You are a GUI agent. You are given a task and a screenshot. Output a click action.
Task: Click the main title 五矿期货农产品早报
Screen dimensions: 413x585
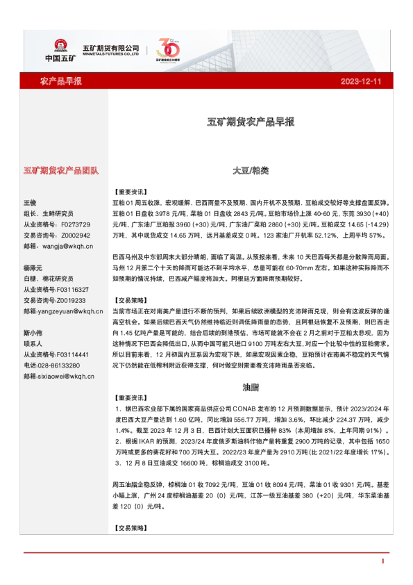[x=251, y=122]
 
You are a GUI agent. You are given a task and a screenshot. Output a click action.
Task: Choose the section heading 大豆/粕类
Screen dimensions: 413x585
[x=251, y=170]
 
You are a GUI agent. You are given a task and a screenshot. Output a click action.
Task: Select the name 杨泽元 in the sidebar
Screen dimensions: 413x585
[x=33, y=267]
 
